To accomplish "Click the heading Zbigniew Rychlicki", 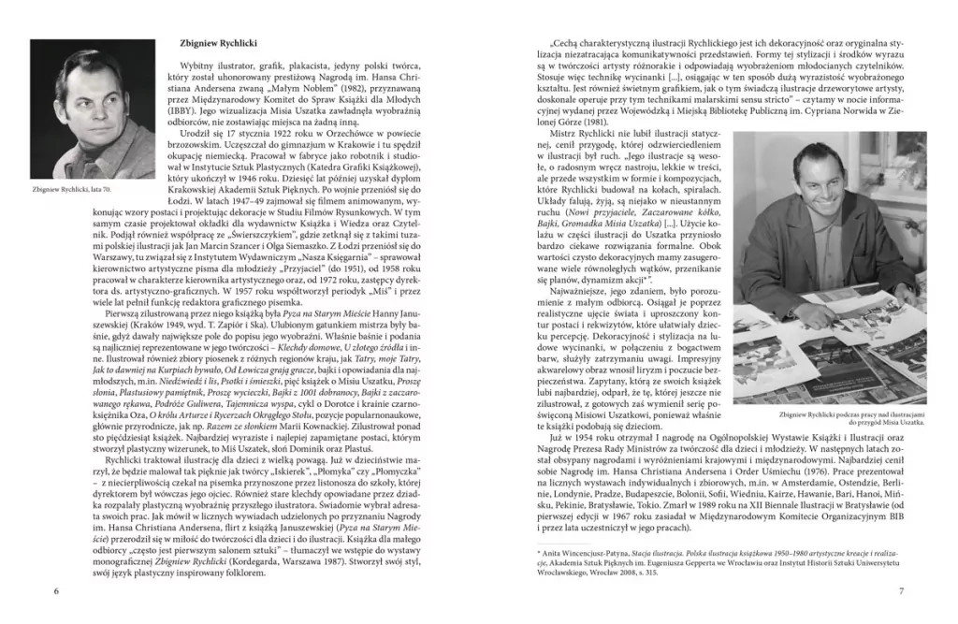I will tap(219, 44).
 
